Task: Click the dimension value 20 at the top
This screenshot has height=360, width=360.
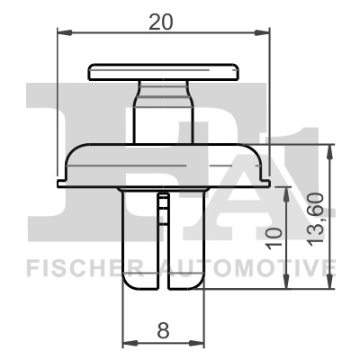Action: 162,23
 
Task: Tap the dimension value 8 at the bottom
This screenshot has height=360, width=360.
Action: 163,331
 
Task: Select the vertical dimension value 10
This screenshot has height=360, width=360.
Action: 276,238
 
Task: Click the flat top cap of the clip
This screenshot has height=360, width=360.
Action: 163,70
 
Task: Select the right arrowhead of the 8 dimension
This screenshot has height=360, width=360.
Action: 200,344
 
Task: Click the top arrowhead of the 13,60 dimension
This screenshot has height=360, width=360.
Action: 329,148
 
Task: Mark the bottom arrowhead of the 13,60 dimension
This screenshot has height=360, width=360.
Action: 329,287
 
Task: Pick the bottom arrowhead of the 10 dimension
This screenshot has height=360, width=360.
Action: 286,287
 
